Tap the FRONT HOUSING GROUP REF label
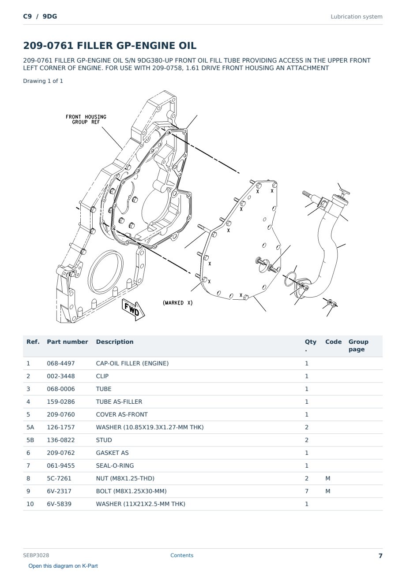tap(86, 119)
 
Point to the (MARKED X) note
tap(177, 303)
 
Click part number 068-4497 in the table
tap(61, 363)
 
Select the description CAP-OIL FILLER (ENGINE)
tap(132, 363)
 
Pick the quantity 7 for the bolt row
tap(307, 491)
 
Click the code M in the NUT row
tap(327, 478)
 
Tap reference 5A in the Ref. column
tap(30, 427)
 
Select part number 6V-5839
tap(59, 504)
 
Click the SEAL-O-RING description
tap(115, 465)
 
